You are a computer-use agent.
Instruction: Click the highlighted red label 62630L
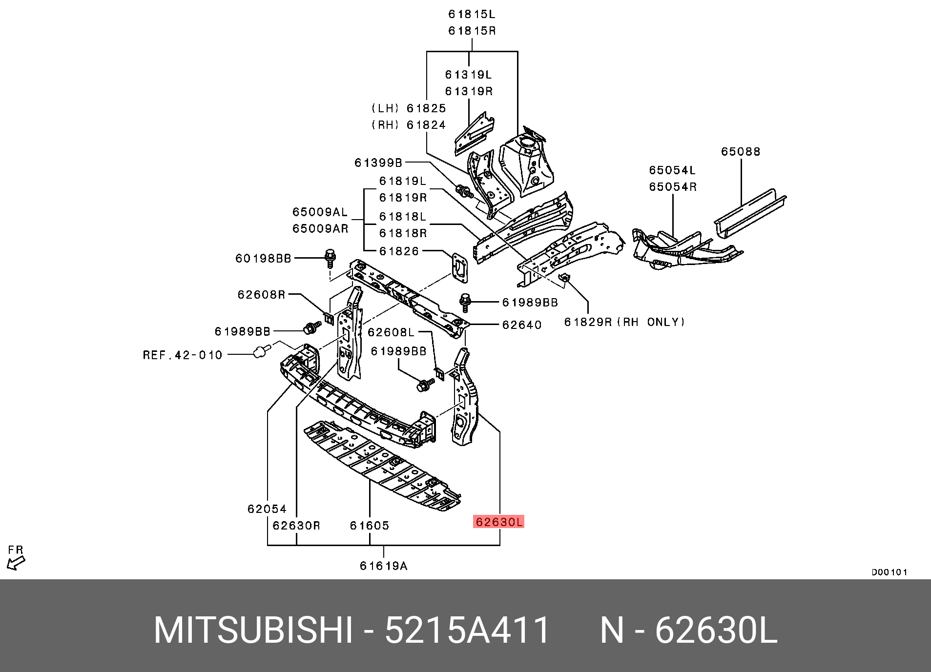(x=498, y=522)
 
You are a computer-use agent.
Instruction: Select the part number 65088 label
(x=740, y=152)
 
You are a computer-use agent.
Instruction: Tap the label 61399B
(x=378, y=163)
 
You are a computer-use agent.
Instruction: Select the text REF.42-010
(x=182, y=355)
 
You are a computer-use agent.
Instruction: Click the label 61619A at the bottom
(x=383, y=566)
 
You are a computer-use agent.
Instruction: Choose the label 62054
(x=267, y=509)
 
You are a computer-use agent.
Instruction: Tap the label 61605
(x=369, y=526)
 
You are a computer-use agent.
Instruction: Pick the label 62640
(x=521, y=325)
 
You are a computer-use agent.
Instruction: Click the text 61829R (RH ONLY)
(x=624, y=322)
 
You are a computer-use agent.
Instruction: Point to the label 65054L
(x=672, y=170)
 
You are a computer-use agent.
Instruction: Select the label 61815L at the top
(x=472, y=15)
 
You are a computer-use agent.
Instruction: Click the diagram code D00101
(x=889, y=572)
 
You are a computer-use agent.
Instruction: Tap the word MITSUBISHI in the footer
(x=253, y=630)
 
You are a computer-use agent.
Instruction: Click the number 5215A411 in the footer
(x=467, y=630)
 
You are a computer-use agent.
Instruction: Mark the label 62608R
(x=261, y=294)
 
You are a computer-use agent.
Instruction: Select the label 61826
(x=399, y=251)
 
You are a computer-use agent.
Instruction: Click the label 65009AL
(x=320, y=212)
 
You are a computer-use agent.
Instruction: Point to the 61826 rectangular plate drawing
(x=460, y=268)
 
